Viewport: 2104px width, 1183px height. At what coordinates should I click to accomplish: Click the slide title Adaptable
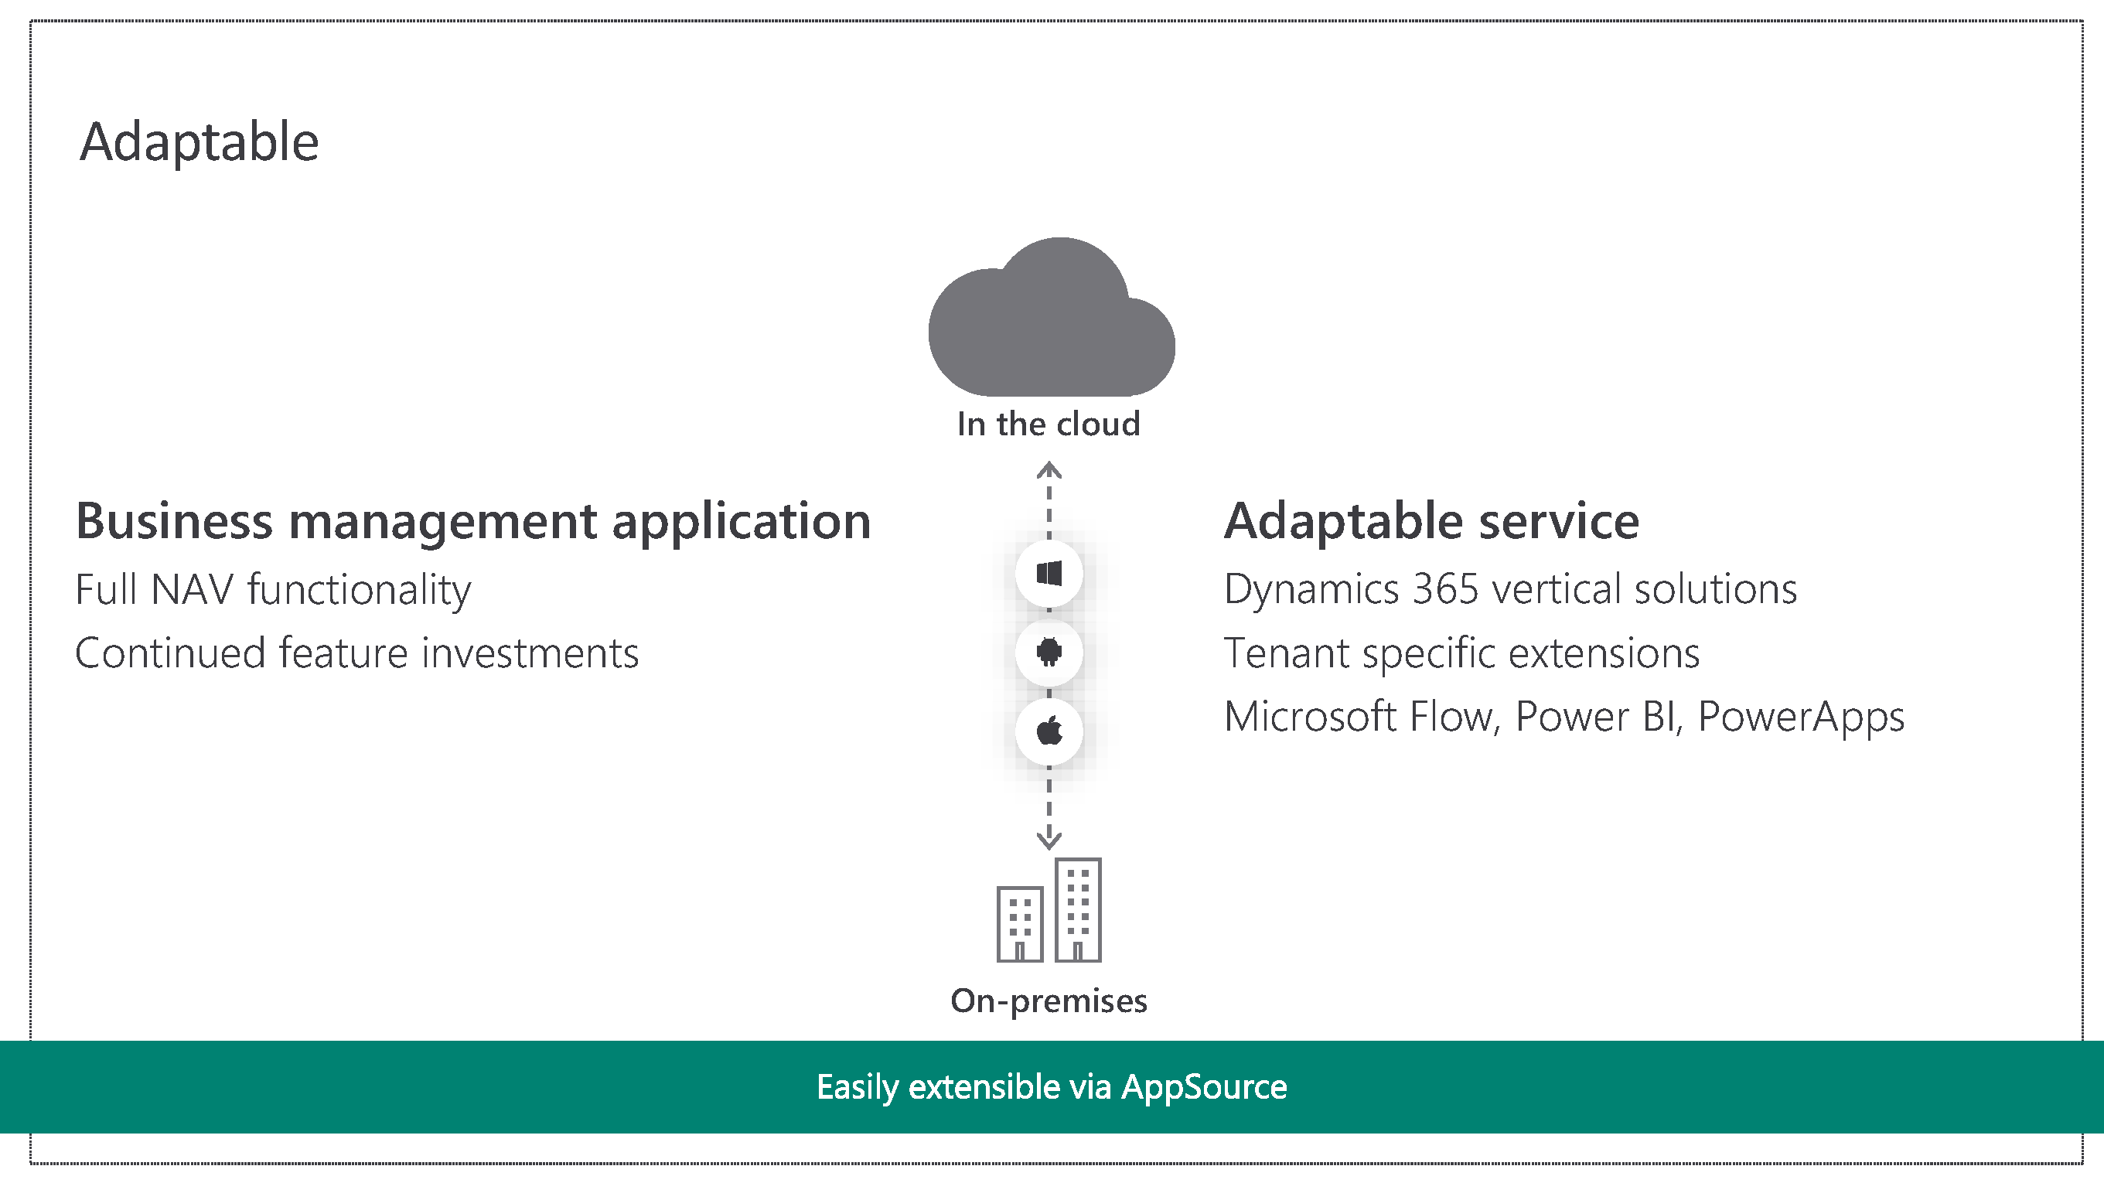[x=199, y=142]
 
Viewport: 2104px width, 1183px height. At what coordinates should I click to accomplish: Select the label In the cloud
[x=1049, y=424]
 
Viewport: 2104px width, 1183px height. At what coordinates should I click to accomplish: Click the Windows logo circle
[x=1049, y=574]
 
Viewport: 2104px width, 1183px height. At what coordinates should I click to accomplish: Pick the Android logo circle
[x=1049, y=652]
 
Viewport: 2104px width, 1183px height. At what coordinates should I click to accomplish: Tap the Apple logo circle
[x=1049, y=731]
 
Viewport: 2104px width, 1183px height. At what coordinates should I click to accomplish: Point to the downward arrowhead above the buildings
[x=1049, y=839]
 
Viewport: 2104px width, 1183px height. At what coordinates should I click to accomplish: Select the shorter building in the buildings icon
[x=1020, y=924]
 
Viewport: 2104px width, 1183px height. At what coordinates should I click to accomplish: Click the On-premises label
[x=1049, y=1001]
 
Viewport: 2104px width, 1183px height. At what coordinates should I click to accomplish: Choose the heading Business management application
[x=473, y=521]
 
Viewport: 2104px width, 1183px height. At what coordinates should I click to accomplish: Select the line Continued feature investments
[x=357, y=653]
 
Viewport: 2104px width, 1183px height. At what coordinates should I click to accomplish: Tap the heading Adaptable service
[x=1431, y=521]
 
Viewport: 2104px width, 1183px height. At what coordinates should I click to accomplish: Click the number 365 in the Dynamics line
[x=1445, y=590]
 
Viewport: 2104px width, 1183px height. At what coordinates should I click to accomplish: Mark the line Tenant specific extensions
[x=1461, y=653]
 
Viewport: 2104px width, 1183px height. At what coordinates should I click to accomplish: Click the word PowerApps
[x=1801, y=718]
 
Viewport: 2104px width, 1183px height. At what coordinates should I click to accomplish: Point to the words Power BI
[x=1599, y=718]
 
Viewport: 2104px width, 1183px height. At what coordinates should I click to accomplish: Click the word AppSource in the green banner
[x=1204, y=1087]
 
